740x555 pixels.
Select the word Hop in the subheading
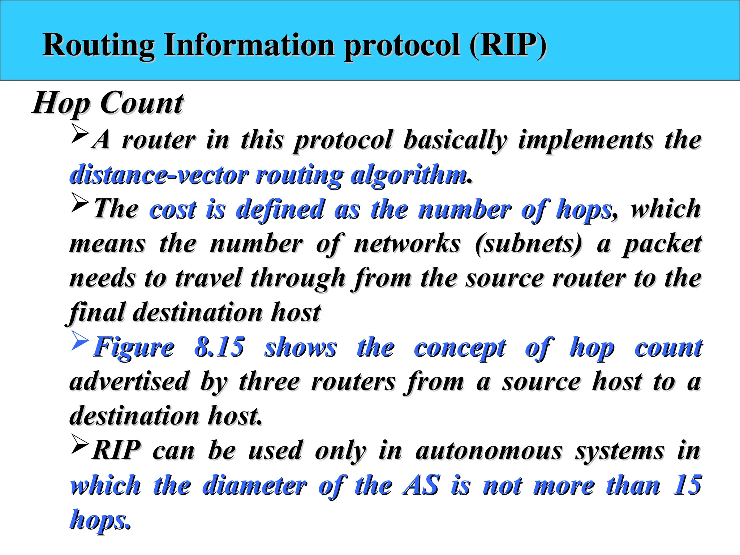[61, 104]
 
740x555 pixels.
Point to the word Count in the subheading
[142, 103]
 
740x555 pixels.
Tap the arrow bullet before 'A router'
[80, 133]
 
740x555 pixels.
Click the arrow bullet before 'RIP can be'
[80, 444]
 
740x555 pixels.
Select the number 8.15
[219, 347]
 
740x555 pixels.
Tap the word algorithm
[409, 175]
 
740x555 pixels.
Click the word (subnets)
[529, 244]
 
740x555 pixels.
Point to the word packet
[662, 244]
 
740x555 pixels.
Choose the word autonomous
[489, 451]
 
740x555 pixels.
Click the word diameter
[255, 485]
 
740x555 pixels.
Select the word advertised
[129, 382]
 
